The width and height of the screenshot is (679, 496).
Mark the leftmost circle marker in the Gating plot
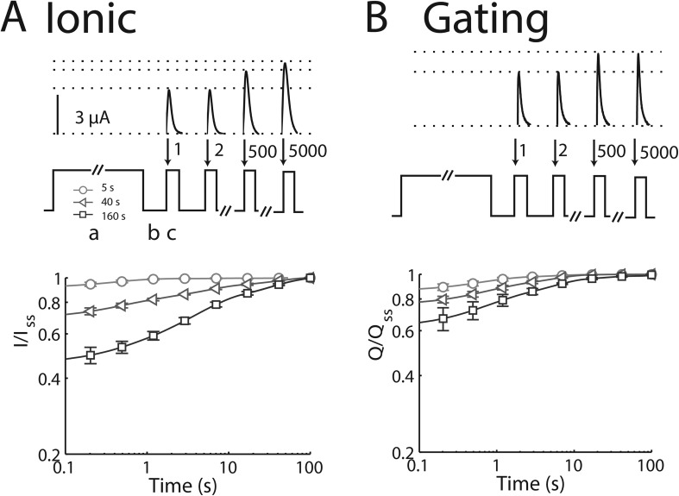tap(444, 287)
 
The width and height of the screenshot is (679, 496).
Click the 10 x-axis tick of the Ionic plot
tap(228, 468)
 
